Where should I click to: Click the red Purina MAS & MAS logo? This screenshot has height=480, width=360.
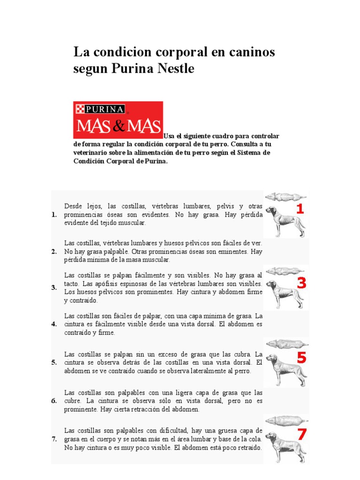coord(118,120)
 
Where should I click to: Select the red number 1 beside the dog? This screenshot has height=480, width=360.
coord(299,209)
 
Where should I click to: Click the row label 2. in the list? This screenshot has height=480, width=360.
coord(54,252)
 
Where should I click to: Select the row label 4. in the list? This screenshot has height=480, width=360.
coord(54,324)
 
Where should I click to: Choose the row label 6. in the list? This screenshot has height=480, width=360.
coord(54,401)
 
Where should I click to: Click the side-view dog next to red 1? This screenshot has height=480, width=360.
coord(281,220)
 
